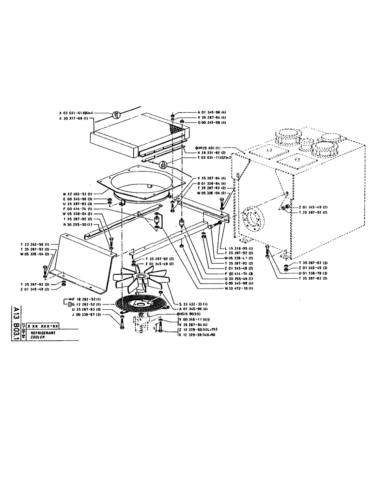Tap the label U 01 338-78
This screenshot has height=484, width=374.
click(x=313, y=272)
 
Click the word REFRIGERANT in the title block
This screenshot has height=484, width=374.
click(x=42, y=333)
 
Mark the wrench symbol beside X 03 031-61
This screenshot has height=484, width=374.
click(x=115, y=115)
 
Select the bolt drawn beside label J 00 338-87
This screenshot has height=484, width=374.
click(x=122, y=320)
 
